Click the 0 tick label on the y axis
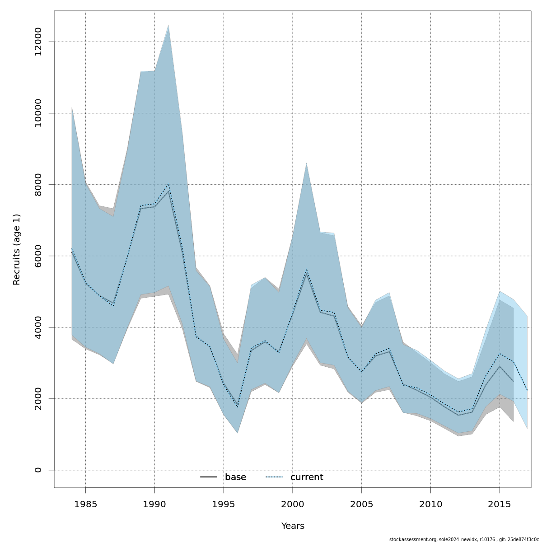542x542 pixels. (38, 470)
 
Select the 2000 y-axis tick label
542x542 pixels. (38, 399)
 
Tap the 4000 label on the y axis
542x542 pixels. (38, 327)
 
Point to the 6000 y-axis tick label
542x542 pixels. (38, 256)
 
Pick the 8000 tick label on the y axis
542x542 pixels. (38, 185)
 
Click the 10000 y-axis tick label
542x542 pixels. (38, 113)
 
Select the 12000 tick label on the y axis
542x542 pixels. (38, 42)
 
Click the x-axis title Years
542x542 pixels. (293, 526)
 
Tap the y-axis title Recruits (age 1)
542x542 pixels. (17, 249)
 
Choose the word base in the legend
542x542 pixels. (235, 477)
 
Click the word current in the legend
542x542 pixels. (307, 477)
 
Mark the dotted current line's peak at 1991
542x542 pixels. (168, 184)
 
